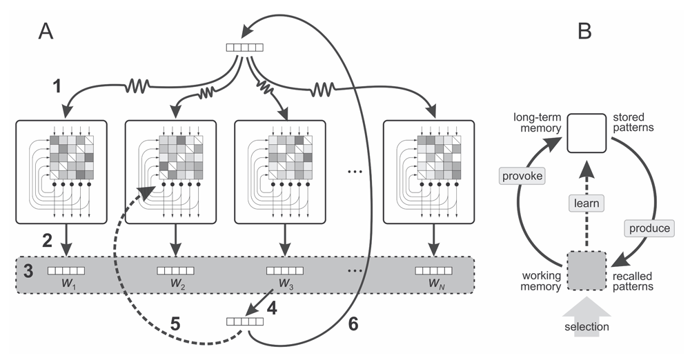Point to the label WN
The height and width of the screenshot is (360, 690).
(x=433, y=285)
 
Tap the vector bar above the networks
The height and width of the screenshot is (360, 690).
(x=245, y=48)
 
